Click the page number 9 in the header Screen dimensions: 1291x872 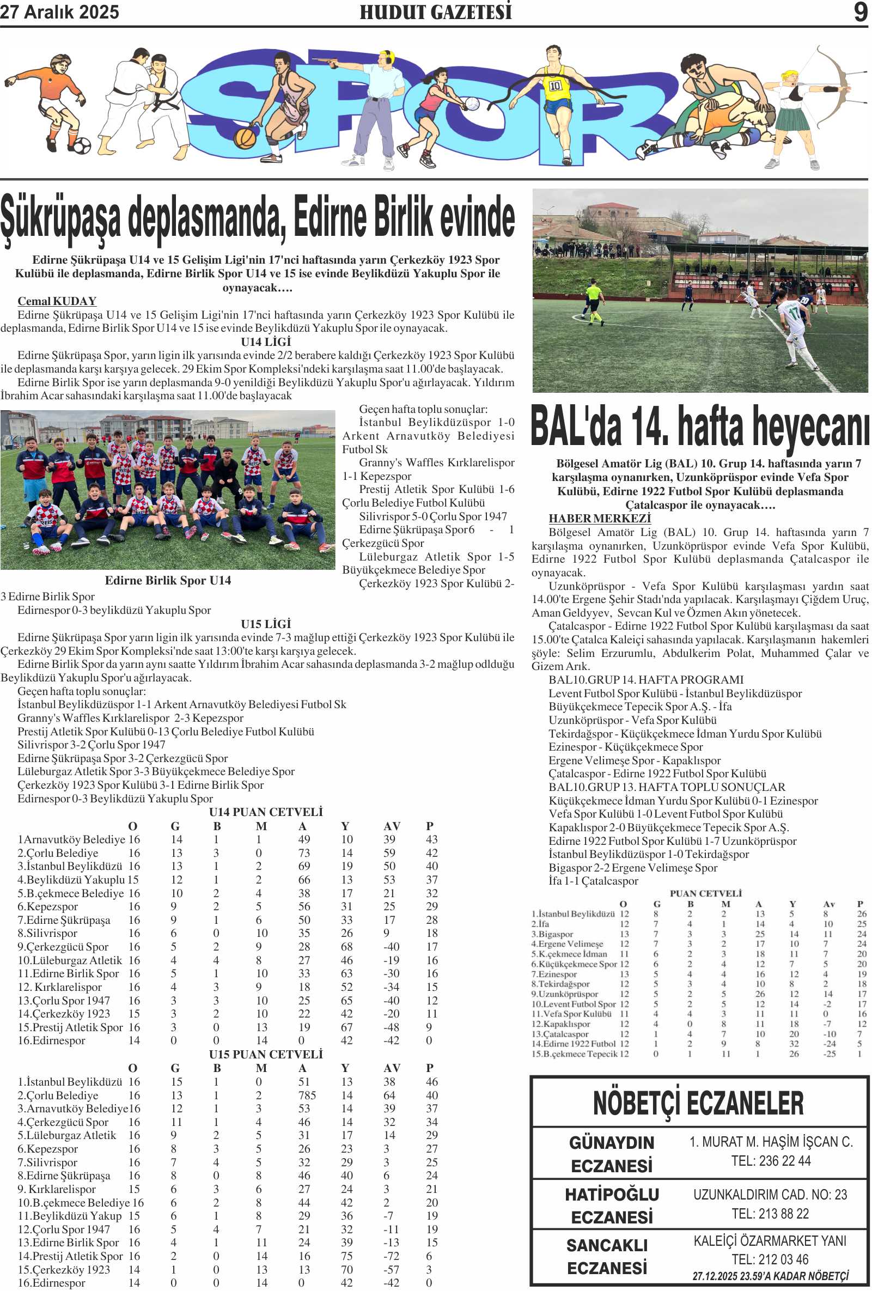(x=860, y=12)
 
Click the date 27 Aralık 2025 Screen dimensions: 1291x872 (x=59, y=12)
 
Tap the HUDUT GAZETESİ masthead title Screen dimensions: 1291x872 (x=435, y=12)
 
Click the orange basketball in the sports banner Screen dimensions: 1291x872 (x=245, y=137)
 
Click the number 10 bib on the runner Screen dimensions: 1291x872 (x=555, y=86)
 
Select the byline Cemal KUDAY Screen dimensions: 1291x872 (x=57, y=301)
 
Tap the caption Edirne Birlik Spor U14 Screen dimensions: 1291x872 (x=168, y=581)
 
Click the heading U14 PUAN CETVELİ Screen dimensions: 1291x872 (x=265, y=812)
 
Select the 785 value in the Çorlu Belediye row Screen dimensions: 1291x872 (x=307, y=1095)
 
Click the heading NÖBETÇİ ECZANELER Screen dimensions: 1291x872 (x=698, y=1103)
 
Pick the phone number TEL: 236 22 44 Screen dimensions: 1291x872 (x=770, y=1161)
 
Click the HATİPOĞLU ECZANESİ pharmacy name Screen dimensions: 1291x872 (x=612, y=1206)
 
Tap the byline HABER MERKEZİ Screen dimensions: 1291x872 (x=599, y=518)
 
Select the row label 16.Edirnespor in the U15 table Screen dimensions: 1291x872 (x=51, y=1283)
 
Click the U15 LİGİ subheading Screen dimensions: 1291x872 (x=265, y=624)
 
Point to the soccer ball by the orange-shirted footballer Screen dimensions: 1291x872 (x=81, y=145)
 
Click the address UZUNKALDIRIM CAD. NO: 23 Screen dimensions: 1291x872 (x=770, y=1195)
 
